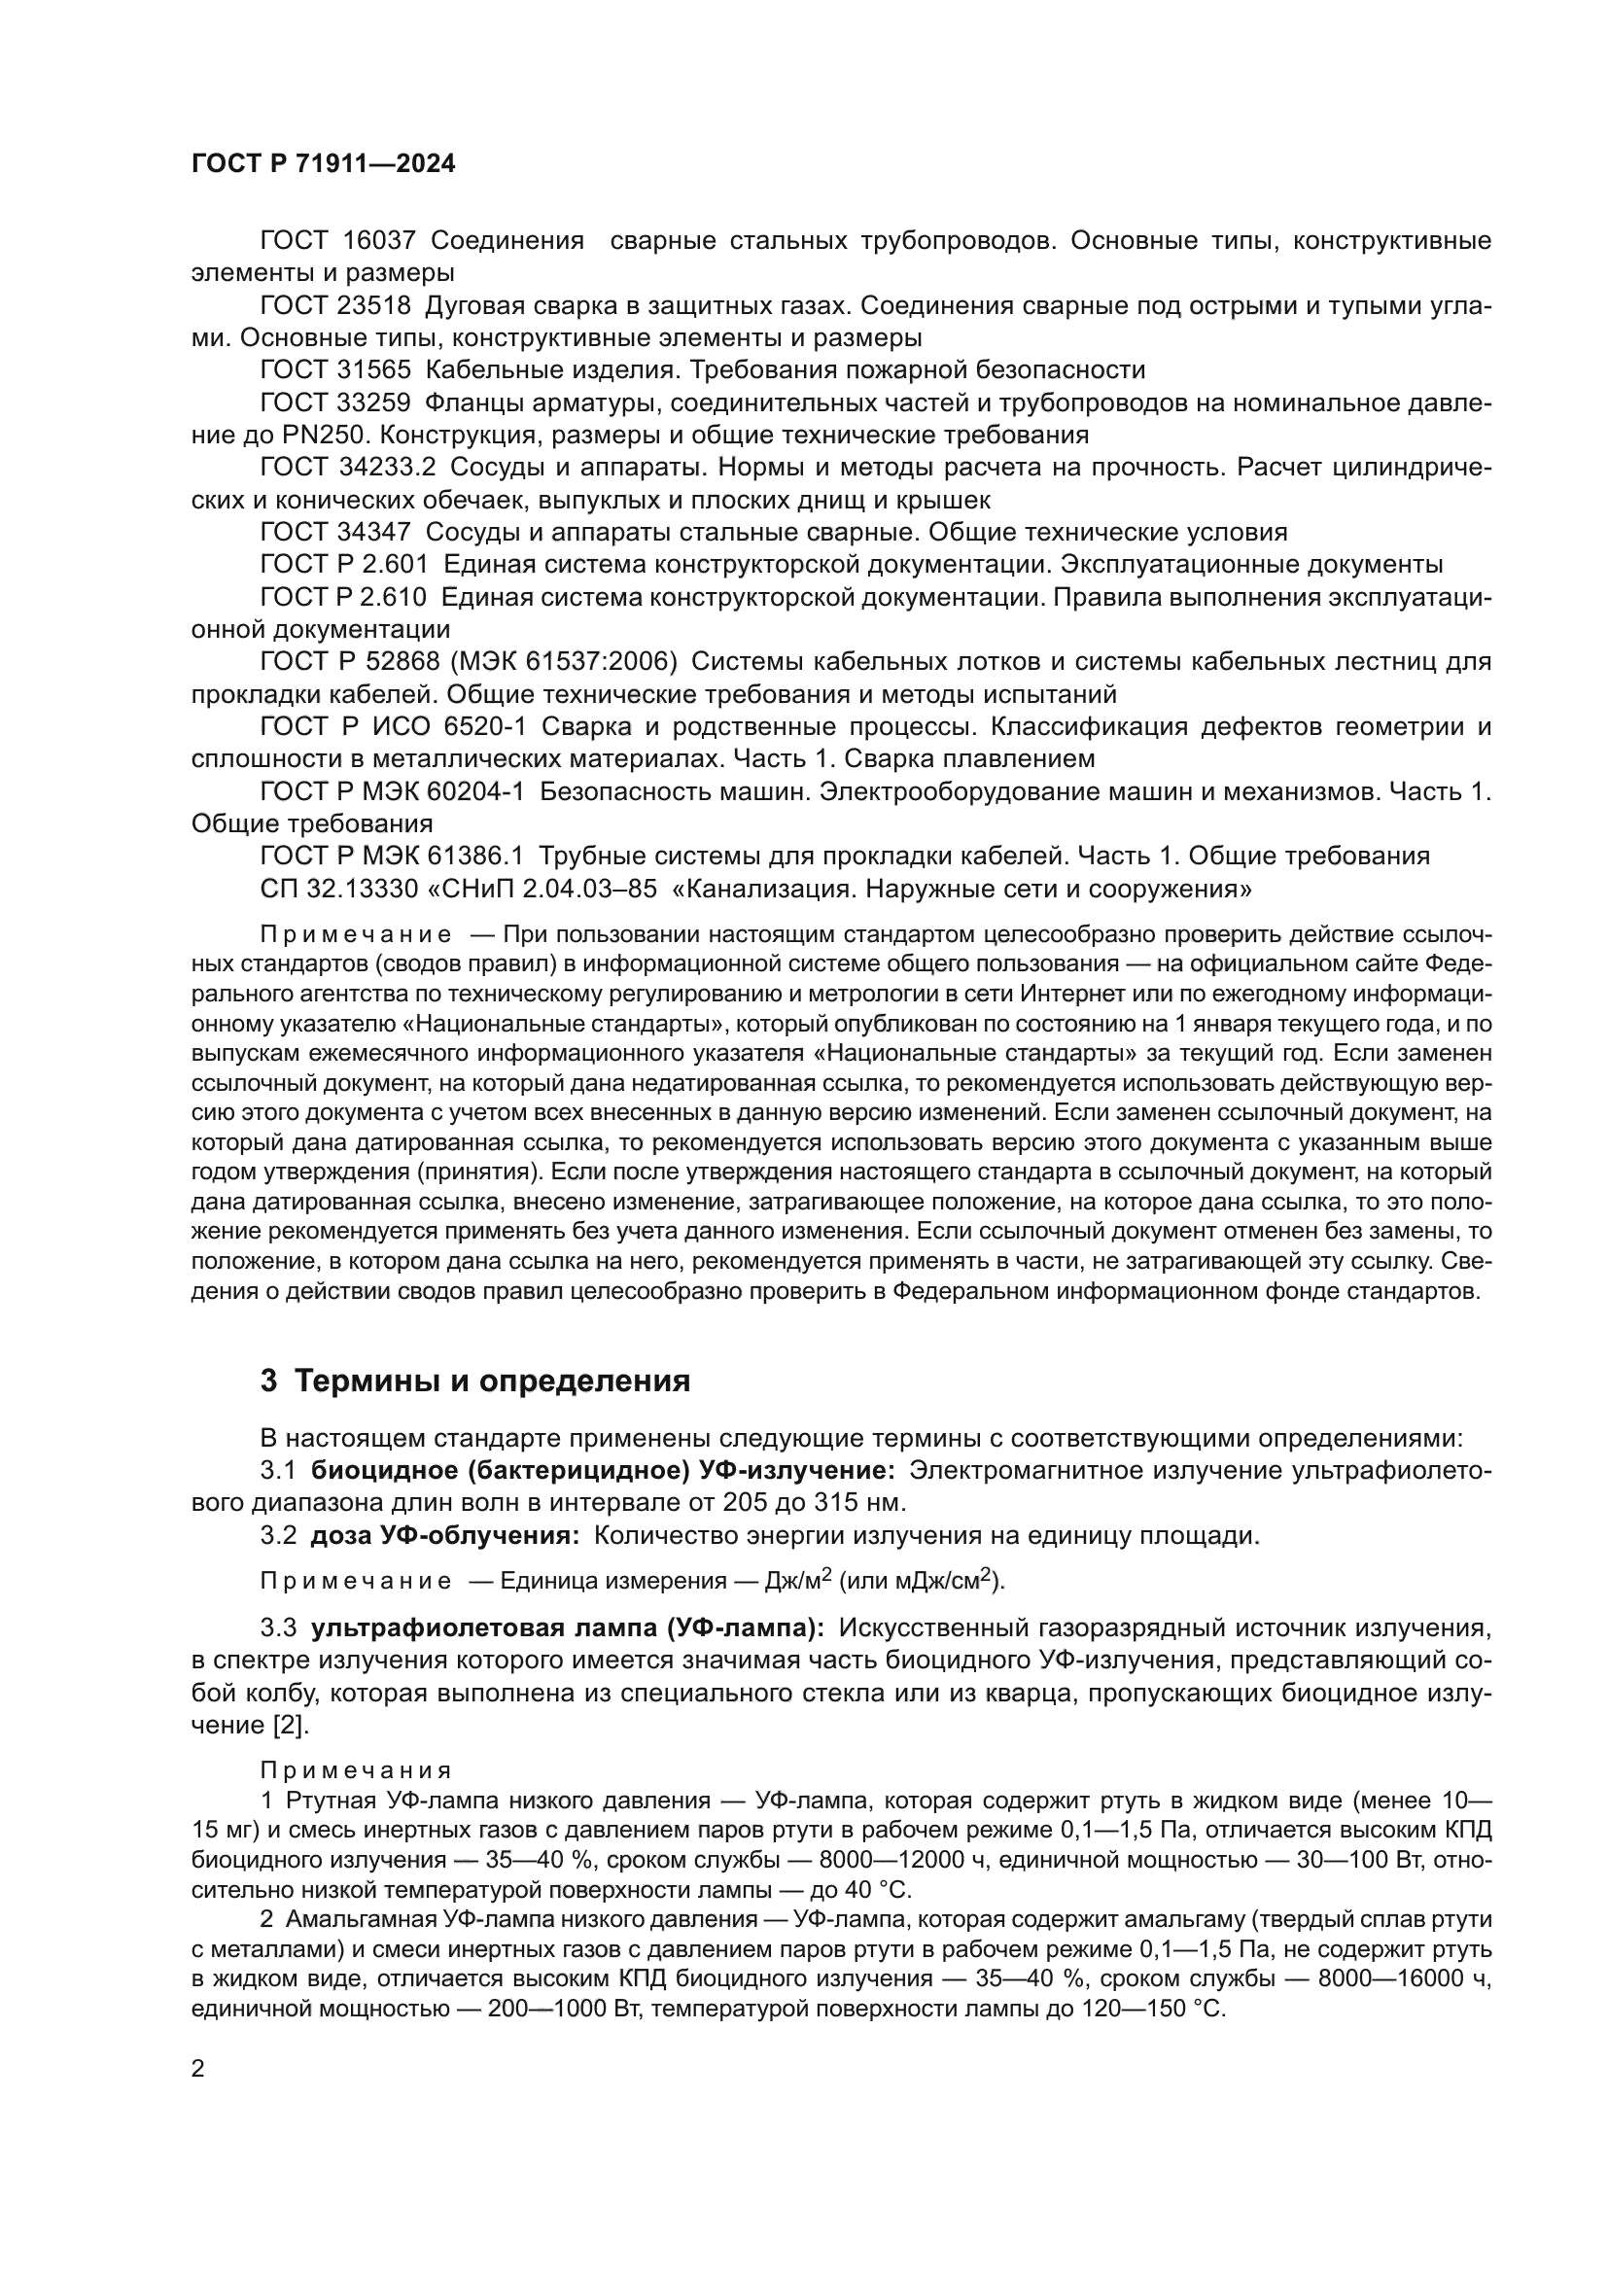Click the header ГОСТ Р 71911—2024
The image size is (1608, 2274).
point(323,164)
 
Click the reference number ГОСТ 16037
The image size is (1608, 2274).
point(337,241)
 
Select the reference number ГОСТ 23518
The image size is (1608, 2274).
point(335,305)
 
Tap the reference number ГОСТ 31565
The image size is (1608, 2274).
point(335,370)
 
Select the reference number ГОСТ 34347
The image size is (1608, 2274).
point(335,532)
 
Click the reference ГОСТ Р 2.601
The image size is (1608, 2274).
point(343,565)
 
